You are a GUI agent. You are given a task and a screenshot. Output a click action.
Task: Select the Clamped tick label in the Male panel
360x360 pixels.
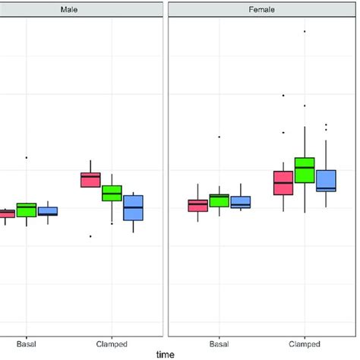(x=112, y=343)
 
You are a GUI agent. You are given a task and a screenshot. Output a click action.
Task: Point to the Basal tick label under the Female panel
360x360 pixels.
(x=219, y=343)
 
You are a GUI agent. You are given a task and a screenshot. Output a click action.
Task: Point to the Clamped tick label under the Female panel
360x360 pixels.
(x=305, y=343)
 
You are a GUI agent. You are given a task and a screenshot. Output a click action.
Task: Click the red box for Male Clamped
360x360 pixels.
(x=90, y=179)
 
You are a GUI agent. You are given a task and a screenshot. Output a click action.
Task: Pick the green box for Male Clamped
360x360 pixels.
(x=112, y=193)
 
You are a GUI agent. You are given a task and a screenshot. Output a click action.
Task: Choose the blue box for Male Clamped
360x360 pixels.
(x=134, y=207)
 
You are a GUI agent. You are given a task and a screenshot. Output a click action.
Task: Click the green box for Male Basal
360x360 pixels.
(x=27, y=210)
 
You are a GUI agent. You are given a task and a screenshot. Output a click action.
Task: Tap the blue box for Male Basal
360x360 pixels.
(x=48, y=211)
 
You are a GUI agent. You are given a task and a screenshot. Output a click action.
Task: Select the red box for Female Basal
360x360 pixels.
(x=197, y=205)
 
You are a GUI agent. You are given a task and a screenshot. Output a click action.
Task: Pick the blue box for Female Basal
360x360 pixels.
(x=241, y=202)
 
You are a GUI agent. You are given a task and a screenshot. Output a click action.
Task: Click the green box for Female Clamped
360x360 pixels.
(x=305, y=169)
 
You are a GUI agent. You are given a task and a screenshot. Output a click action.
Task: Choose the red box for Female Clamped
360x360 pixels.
(x=283, y=183)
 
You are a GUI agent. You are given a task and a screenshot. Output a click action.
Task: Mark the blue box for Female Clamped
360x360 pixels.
(x=326, y=180)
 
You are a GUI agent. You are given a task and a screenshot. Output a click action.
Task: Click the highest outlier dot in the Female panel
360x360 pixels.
(x=305, y=31)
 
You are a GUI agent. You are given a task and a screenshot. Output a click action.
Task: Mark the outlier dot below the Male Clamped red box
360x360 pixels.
(x=90, y=236)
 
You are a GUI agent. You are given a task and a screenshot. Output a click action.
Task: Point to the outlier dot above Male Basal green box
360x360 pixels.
(x=27, y=157)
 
